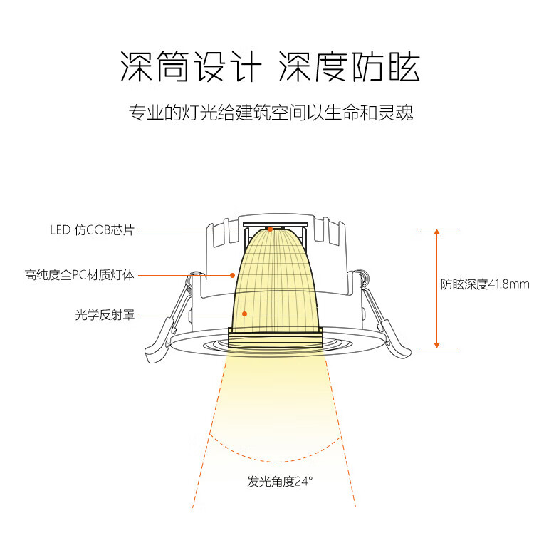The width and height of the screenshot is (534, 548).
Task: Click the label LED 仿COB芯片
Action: click(x=92, y=230)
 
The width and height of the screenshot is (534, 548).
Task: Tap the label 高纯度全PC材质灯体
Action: click(x=79, y=275)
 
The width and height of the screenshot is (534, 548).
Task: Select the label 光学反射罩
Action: click(x=105, y=315)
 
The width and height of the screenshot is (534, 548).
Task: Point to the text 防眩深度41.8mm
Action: click(x=485, y=284)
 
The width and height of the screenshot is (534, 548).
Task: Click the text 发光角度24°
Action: click(x=280, y=482)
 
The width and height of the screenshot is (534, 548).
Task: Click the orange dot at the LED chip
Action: click(x=270, y=229)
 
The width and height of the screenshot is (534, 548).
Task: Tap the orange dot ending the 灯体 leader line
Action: click(x=232, y=275)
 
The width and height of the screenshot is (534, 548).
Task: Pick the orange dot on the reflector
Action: click(x=244, y=314)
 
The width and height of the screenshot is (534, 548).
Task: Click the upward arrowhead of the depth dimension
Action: click(x=436, y=232)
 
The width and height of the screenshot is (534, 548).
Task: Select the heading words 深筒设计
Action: click(x=190, y=66)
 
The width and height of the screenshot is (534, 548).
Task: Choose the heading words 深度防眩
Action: click(x=349, y=66)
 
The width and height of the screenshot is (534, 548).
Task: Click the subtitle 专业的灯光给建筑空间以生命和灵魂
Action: click(x=271, y=113)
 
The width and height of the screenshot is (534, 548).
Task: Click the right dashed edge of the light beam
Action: click(x=341, y=433)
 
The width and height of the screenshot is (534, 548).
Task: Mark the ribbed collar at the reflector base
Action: click(x=276, y=338)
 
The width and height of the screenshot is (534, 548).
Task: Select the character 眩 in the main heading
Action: click(x=404, y=66)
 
